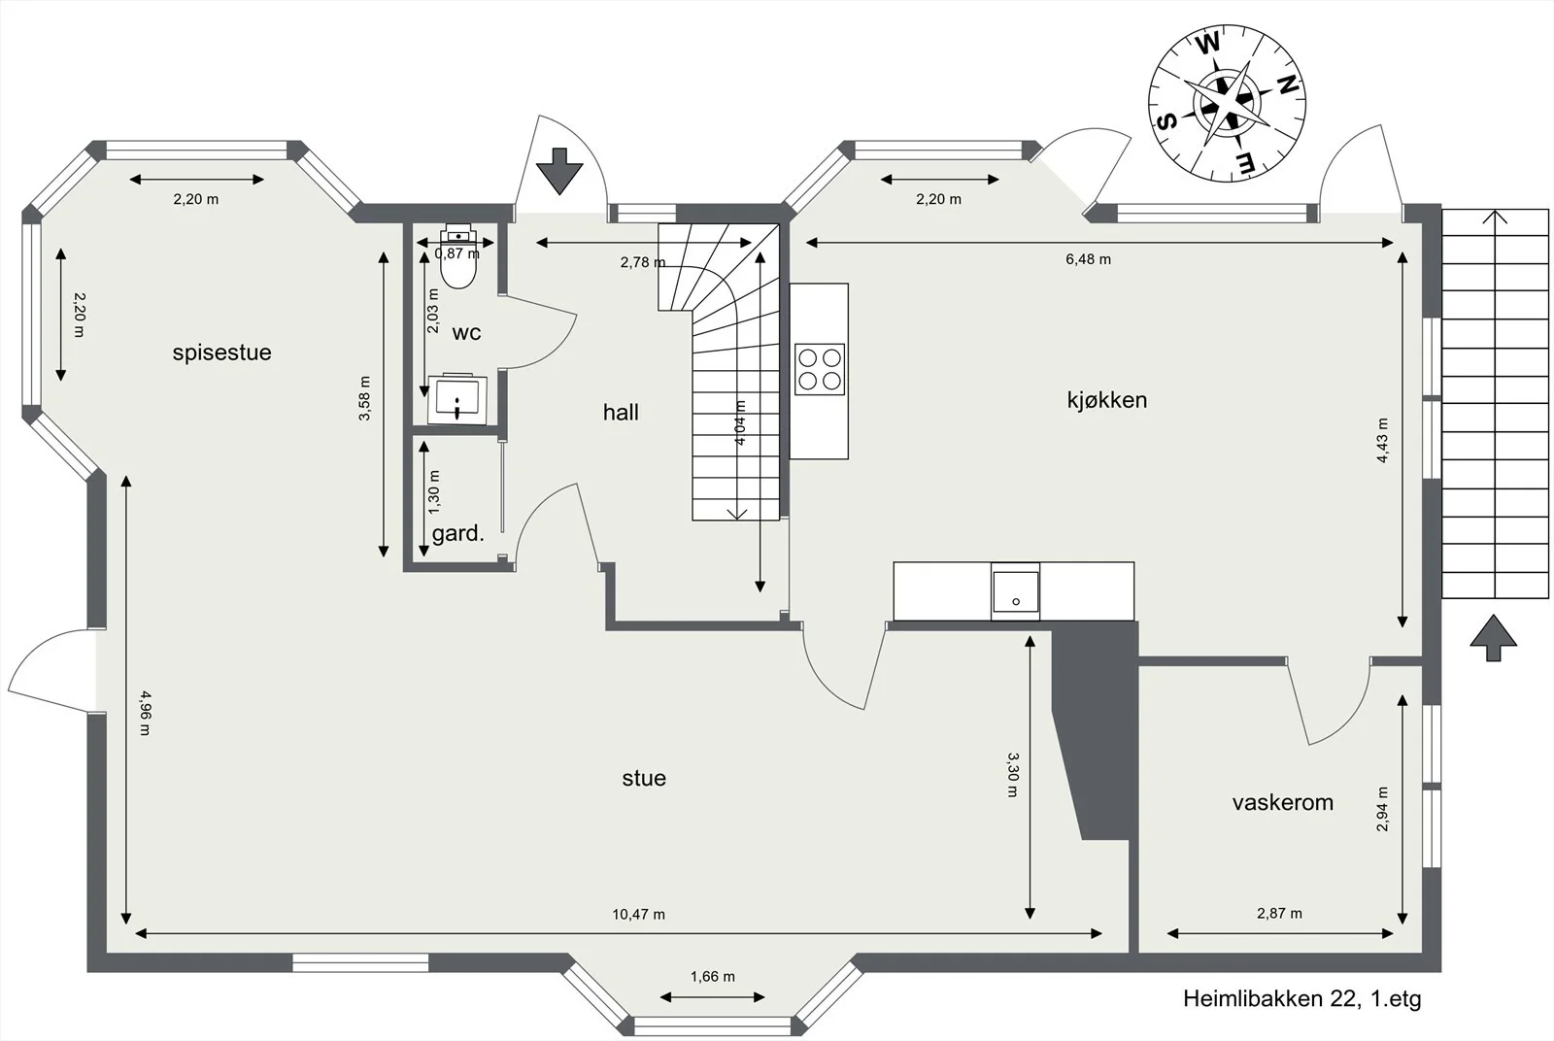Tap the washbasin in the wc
pyautogui.click(x=457, y=399)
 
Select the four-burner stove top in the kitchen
pyautogui.click(x=820, y=369)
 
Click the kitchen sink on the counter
pyautogui.click(x=1015, y=591)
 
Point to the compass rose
pyautogui.click(x=1227, y=104)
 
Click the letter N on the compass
pyautogui.click(x=1287, y=85)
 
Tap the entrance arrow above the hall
pyautogui.click(x=559, y=171)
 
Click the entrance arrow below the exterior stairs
pyautogui.click(x=1493, y=637)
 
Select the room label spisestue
pyautogui.click(x=222, y=353)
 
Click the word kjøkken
pyautogui.click(x=1107, y=399)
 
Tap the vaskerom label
pyautogui.click(x=1283, y=802)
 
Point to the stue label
pyautogui.click(x=644, y=778)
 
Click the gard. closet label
pyautogui.click(x=457, y=533)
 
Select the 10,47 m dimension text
pyautogui.click(x=638, y=914)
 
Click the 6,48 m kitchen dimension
pyautogui.click(x=1088, y=259)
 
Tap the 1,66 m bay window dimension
pyautogui.click(x=713, y=977)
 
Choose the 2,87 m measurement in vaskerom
pyautogui.click(x=1279, y=914)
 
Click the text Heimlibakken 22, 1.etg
pyautogui.click(x=1302, y=998)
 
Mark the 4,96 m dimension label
pyautogui.click(x=145, y=712)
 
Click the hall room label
pyautogui.click(x=621, y=413)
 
